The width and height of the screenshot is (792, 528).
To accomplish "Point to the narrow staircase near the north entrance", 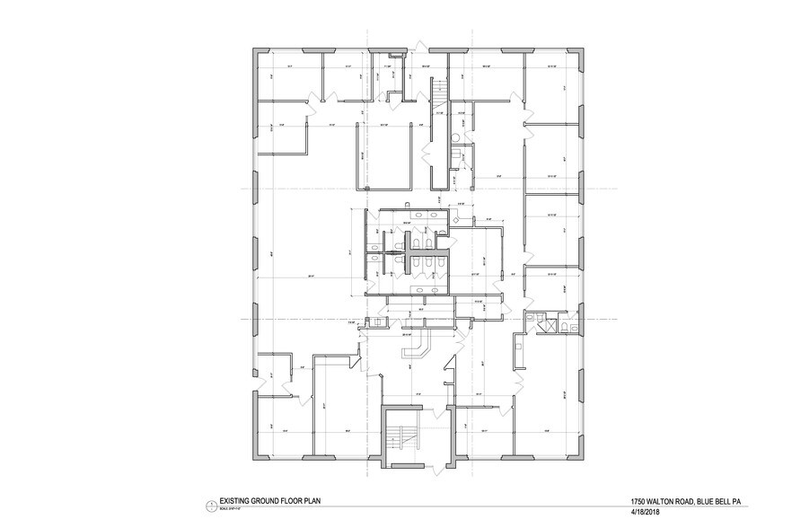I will [x=438, y=93].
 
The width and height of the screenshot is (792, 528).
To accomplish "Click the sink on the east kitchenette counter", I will [x=519, y=342].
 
